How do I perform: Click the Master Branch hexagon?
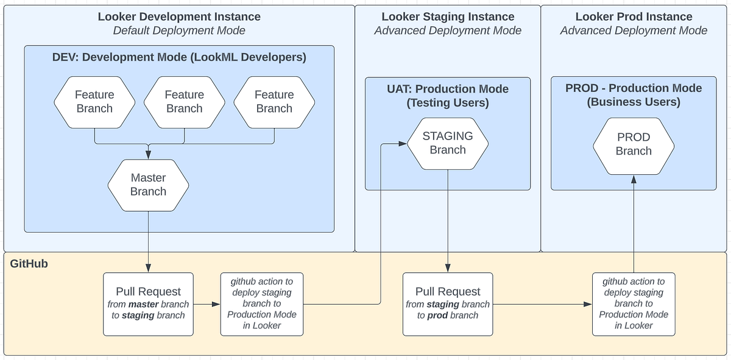(x=148, y=185)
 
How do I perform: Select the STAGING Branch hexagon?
(x=448, y=143)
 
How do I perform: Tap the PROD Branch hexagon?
(x=634, y=144)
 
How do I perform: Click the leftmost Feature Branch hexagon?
(x=94, y=102)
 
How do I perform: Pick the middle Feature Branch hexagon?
(x=184, y=102)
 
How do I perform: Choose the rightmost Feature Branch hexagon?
(x=274, y=102)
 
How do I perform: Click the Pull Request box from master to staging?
(x=149, y=303)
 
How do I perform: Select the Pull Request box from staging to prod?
(x=448, y=303)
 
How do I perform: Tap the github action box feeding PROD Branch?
(x=634, y=303)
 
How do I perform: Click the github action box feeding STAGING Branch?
(x=261, y=303)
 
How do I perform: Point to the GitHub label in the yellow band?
(x=29, y=264)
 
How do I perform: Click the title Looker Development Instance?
(x=179, y=16)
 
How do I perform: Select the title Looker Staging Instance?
(x=448, y=16)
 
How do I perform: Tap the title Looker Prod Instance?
(x=634, y=16)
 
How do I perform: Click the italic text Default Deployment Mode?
(x=179, y=30)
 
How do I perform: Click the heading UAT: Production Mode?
(x=448, y=89)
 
